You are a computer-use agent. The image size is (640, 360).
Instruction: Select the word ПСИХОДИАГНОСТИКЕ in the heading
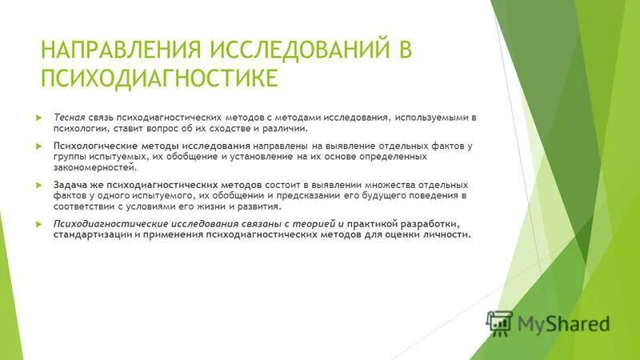pos(159,78)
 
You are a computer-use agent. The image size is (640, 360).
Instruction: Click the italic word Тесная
pos(70,117)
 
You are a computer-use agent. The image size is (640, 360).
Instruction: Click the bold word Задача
pos(70,185)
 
